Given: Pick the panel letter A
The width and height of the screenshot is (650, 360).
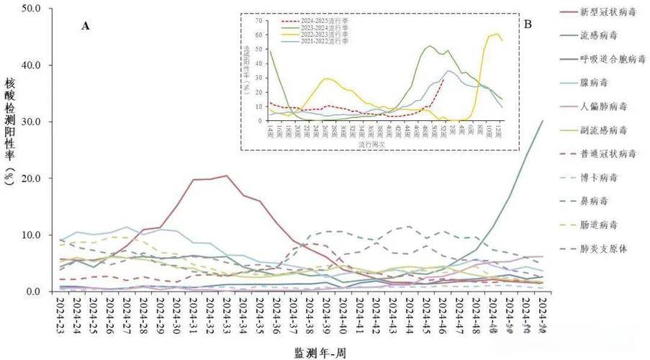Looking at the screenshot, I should click(86, 26).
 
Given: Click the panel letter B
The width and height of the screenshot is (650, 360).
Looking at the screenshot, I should click(528, 24).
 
